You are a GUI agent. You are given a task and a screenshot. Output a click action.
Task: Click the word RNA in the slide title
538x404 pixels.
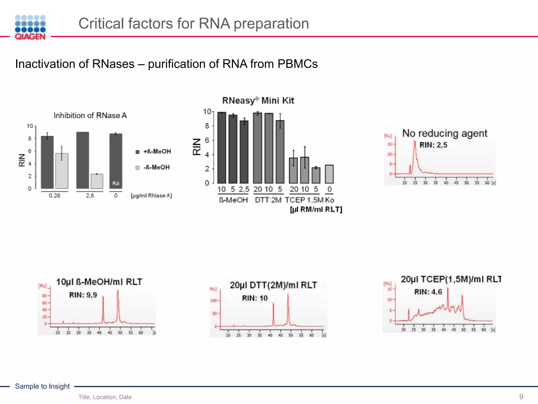point(214,23)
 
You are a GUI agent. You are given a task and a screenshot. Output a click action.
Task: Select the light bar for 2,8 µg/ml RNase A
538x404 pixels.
point(97,181)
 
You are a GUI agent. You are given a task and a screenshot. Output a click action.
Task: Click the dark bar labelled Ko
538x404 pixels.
point(116,161)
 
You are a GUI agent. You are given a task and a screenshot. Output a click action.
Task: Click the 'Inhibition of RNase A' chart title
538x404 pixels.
point(90,115)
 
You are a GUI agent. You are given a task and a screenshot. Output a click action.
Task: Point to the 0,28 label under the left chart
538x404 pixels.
point(54,196)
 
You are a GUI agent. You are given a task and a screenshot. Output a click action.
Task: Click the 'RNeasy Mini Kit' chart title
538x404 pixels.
point(258,100)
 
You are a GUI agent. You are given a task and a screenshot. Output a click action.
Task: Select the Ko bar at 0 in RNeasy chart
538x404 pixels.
point(329,174)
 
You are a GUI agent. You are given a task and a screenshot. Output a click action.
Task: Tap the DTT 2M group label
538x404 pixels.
point(268,200)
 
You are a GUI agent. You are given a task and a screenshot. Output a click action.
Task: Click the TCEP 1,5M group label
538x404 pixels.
point(304,200)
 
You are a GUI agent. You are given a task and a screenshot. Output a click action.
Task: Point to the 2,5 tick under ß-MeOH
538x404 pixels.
point(244,189)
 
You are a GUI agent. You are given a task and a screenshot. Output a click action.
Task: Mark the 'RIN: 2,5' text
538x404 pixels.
point(433,145)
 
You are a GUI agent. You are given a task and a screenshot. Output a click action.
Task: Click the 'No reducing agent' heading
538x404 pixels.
point(444,133)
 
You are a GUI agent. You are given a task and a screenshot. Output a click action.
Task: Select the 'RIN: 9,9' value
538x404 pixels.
point(83,295)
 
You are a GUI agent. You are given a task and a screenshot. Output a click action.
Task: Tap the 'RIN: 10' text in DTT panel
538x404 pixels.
point(255,298)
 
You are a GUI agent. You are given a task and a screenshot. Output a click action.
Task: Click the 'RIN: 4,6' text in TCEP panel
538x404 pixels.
point(428,292)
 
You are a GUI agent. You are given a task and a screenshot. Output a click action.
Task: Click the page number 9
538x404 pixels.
point(521,397)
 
